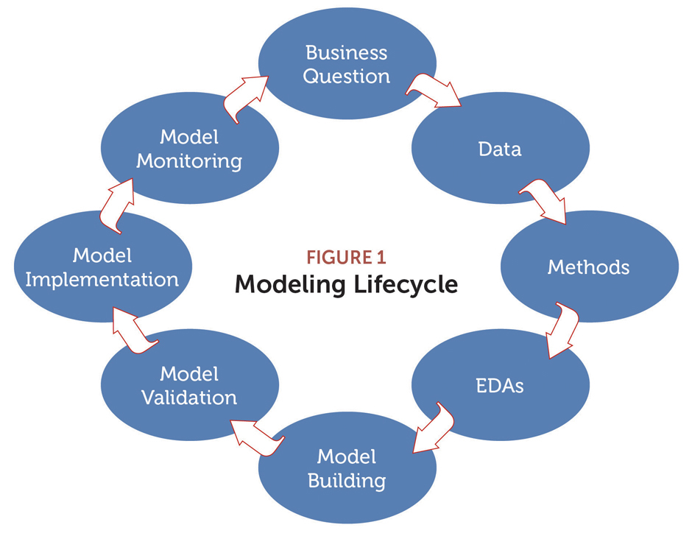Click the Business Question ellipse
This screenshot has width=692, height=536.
pyautogui.click(x=347, y=63)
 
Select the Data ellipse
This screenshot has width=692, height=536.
pyautogui.click(x=501, y=148)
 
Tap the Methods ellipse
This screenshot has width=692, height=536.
pyautogui.click(x=590, y=267)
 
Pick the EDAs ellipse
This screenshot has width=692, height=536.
pyautogui.click(x=501, y=384)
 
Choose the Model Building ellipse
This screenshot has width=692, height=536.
pyautogui.click(x=347, y=468)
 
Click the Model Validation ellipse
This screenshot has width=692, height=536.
pyautogui.click(x=190, y=384)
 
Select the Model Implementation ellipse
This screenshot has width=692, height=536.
pyautogui.click(x=103, y=267)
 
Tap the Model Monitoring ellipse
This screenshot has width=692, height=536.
pyautogui.click(x=190, y=148)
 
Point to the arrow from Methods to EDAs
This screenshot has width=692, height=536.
pyautogui.click(x=562, y=329)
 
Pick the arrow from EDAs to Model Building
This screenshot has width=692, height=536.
pyautogui.click(x=433, y=428)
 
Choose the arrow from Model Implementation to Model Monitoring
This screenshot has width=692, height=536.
pyautogui.click(x=116, y=205)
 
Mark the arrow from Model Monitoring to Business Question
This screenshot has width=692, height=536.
pyautogui.click(x=245, y=99)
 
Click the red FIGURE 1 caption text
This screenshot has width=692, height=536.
pyautogui.click(x=347, y=258)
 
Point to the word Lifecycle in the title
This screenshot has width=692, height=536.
pyautogui.click(x=406, y=285)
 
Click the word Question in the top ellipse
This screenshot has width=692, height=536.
pyautogui.click(x=347, y=77)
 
